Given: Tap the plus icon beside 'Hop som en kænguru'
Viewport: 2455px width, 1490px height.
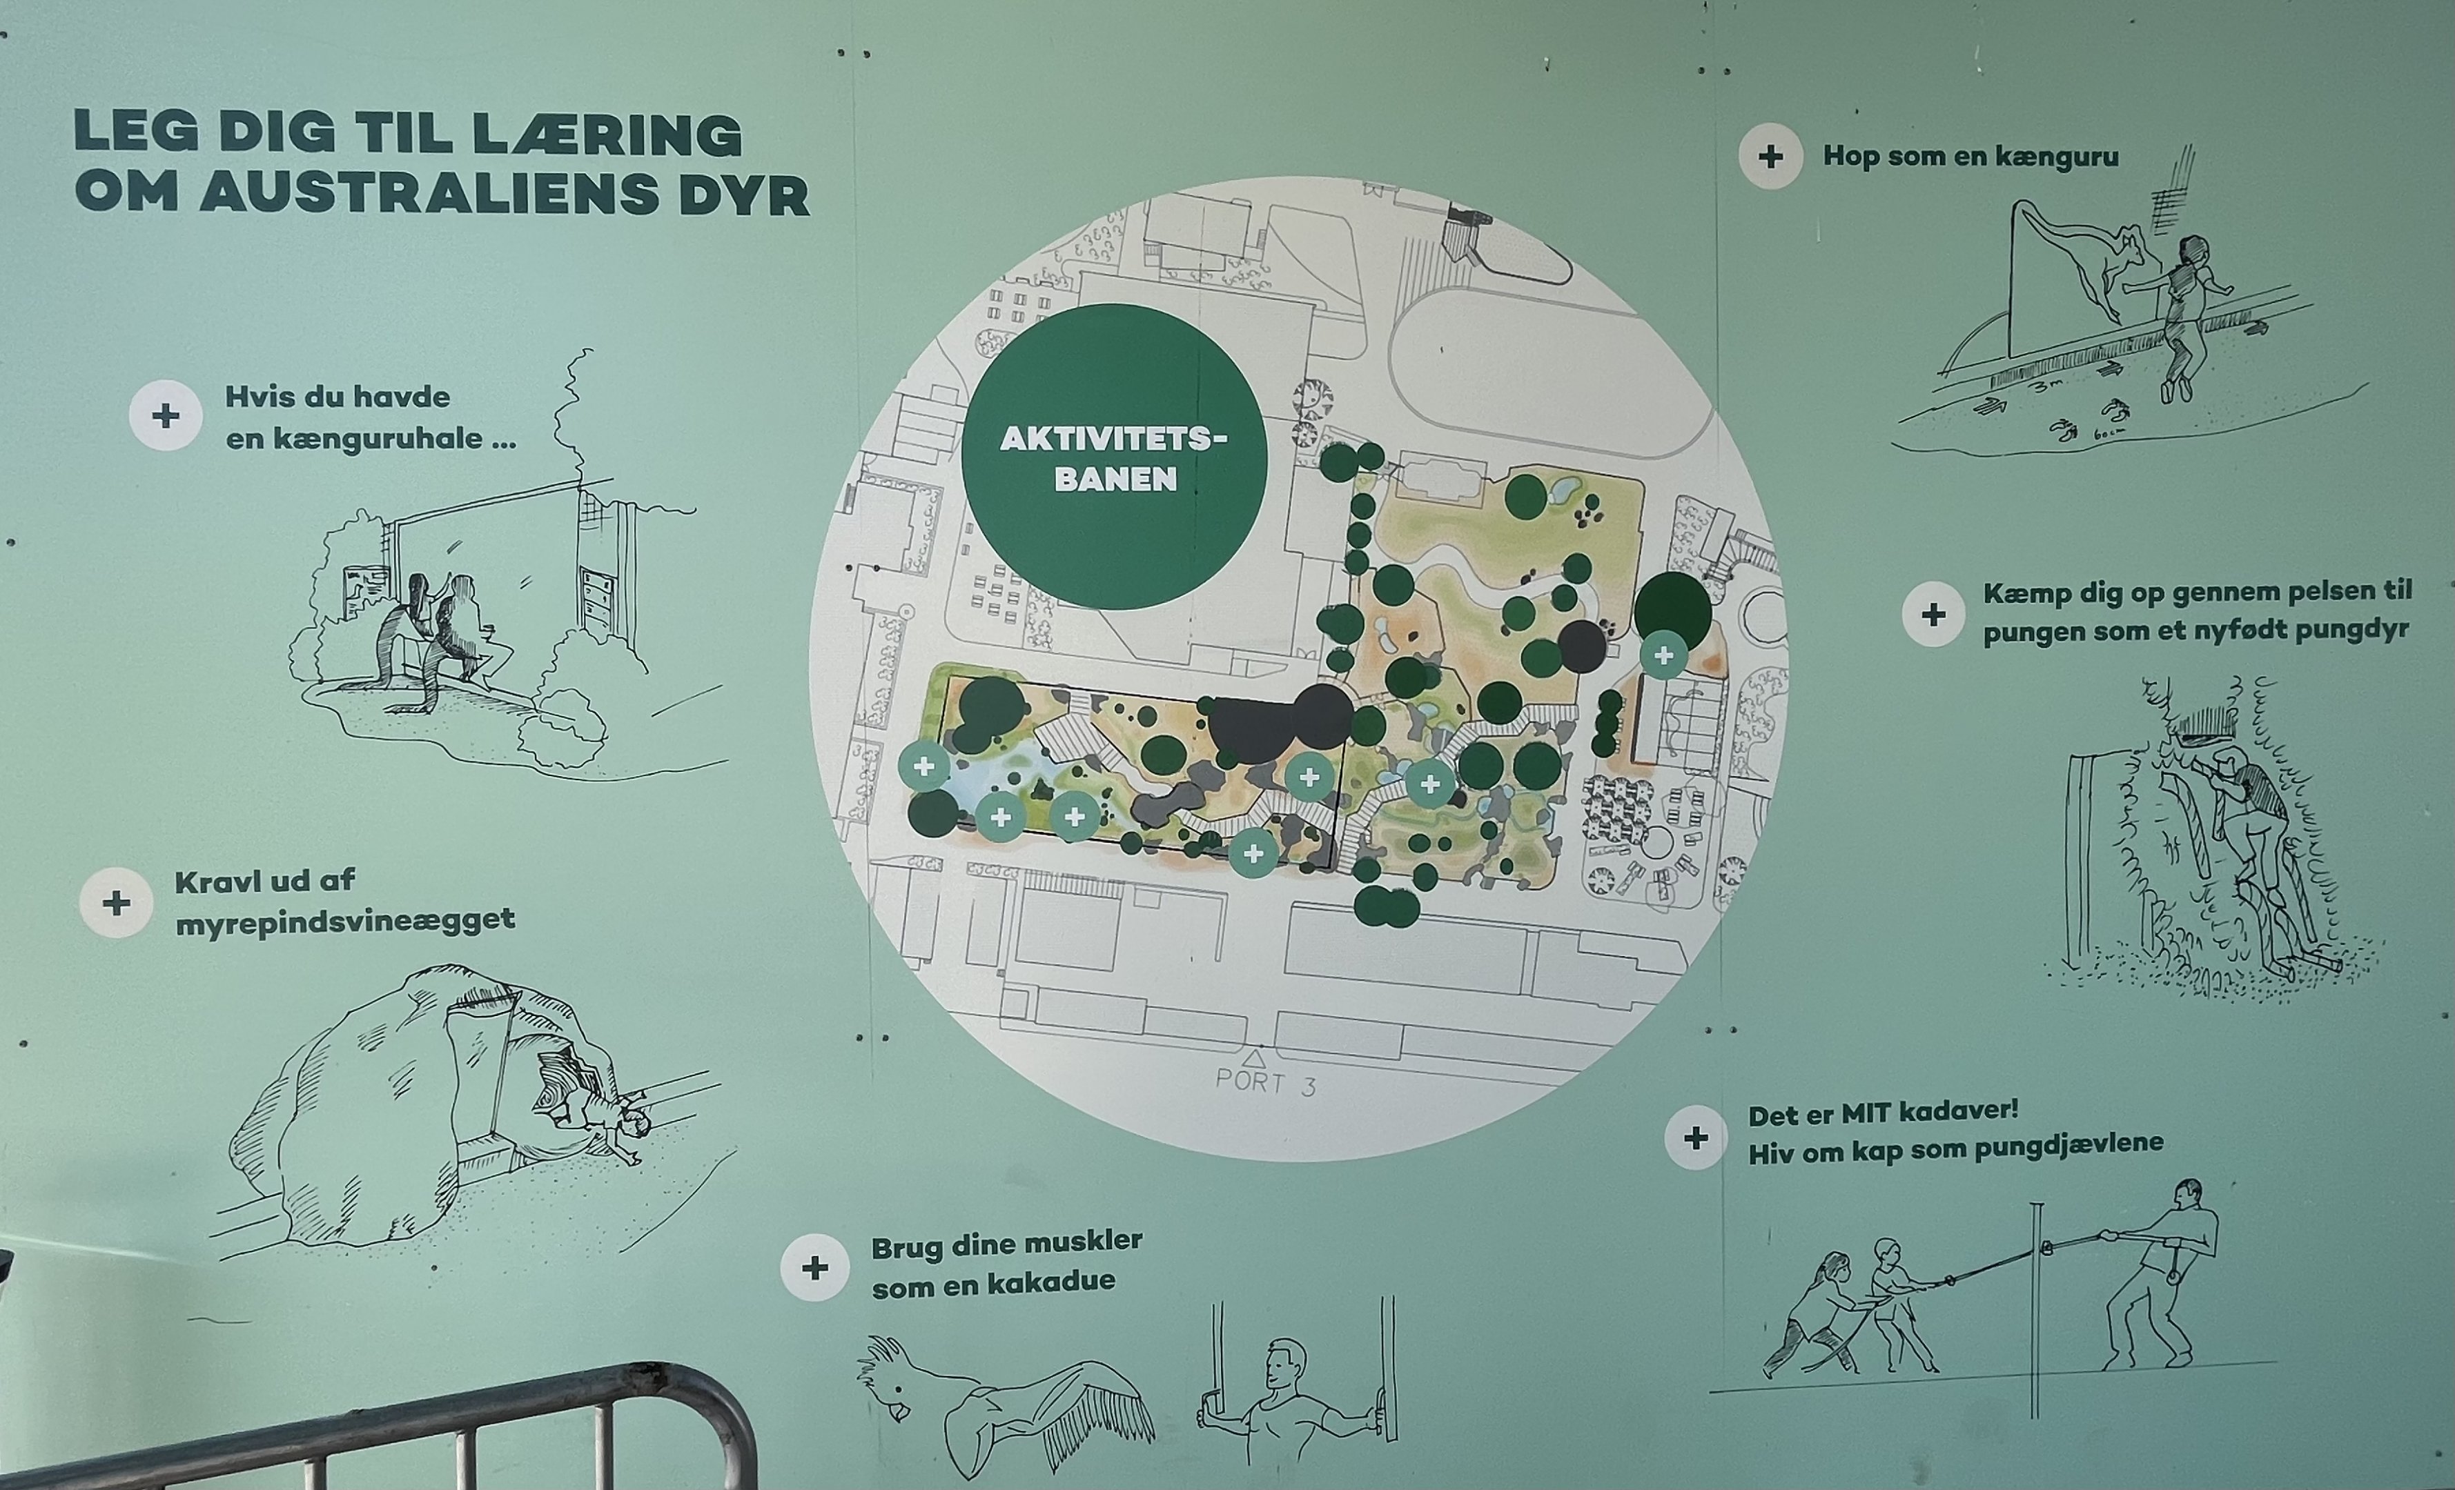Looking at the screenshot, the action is [x=1770, y=157].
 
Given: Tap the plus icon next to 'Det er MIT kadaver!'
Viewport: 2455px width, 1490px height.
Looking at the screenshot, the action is [x=1696, y=1138].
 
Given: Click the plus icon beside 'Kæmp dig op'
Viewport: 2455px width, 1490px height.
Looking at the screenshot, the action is [x=1934, y=615].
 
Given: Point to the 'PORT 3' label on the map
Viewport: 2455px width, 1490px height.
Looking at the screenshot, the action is [x=1265, y=1082].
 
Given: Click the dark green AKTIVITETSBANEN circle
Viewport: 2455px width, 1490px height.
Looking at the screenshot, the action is [x=1114, y=456].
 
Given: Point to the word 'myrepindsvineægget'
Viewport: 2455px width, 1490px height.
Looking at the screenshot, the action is [x=344, y=920].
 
